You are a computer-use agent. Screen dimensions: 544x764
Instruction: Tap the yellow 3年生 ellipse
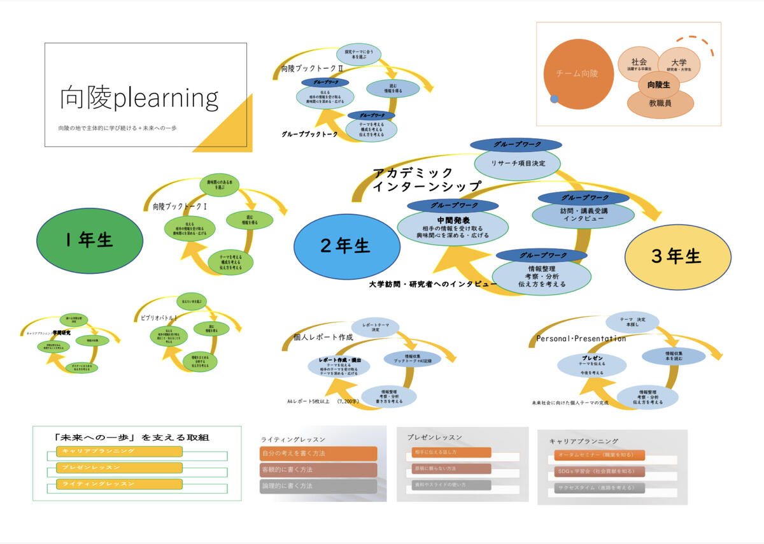[x=676, y=256]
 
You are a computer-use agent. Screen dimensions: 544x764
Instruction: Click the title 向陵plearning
[x=139, y=97]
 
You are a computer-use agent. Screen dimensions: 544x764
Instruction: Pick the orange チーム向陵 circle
[x=577, y=73]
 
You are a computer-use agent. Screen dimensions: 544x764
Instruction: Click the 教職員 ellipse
[x=660, y=102]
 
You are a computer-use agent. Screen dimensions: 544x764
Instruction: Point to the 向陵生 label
[x=658, y=84]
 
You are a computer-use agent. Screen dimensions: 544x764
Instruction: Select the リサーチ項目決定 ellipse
[x=516, y=163]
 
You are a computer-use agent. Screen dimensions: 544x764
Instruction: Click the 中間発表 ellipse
[x=453, y=227]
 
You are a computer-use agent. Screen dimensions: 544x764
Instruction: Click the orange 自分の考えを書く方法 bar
[x=318, y=454]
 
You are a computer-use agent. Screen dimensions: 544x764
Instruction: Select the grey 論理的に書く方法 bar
[x=318, y=485]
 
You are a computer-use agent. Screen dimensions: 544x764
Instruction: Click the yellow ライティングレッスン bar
[x=119, y=484]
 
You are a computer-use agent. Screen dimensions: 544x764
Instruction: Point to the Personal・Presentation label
[x=581, y=339]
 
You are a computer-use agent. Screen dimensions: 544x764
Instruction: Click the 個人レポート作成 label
[x=323, y=338]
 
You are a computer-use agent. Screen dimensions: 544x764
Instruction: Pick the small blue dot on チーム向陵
[x=555, y=99]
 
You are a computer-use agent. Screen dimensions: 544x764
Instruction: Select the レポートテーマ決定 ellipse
[x=376, y=327]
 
